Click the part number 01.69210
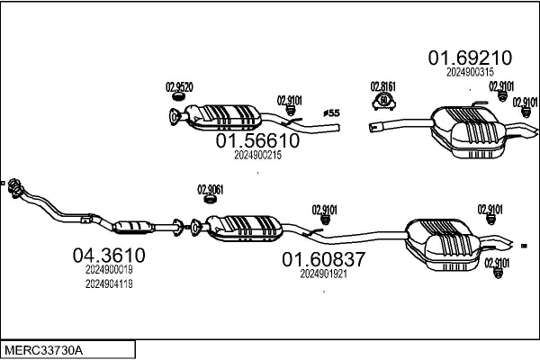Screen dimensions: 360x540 coord(469,58)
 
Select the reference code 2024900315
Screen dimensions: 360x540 coord(469,73)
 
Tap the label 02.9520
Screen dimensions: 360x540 coord(178,87)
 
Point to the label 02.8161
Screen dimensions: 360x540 coord(383,86)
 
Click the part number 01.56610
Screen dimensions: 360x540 coord(256,141)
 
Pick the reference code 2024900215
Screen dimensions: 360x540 coord(257,155)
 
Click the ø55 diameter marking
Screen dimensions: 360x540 coord(330,113)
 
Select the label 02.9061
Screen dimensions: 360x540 coord(211,189)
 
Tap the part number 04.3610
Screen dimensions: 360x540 coord(108,256)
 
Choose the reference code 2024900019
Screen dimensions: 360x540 coord(109,269)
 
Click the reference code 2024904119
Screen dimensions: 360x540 coord(109,283)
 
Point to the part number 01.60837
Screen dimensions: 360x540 coord(323,260)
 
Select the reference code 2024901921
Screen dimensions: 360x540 coord(323,274)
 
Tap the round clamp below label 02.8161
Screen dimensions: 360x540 coord(383,100)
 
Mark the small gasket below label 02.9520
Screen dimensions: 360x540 coord(175,113)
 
